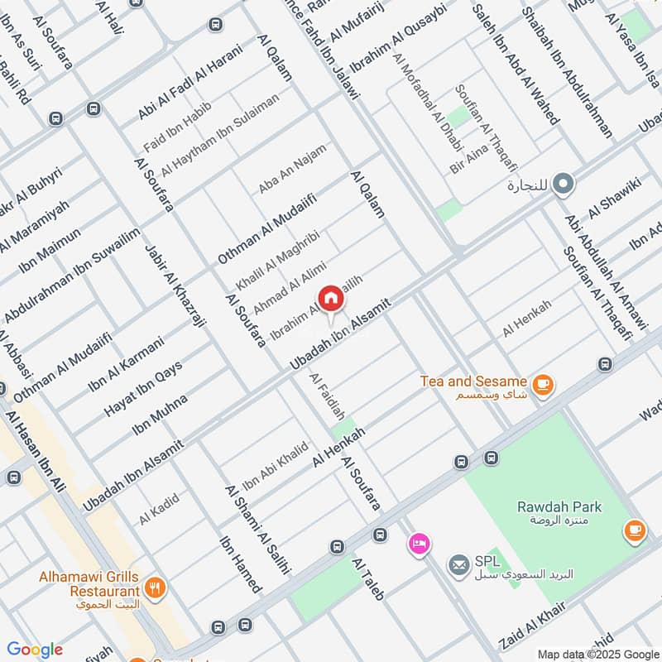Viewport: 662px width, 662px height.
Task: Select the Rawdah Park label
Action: pos(559,506)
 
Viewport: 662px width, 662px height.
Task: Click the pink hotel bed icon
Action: pos(419,544)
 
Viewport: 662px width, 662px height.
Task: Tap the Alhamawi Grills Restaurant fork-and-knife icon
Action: pos(154,588)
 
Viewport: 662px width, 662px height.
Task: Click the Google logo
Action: pos(35,650)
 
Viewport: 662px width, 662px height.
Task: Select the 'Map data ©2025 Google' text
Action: pos(598,653)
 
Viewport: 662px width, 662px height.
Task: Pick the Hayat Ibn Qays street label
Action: pos(143,389)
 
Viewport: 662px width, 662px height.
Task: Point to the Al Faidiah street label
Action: pos(327,401)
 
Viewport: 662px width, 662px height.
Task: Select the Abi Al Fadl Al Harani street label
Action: pos(190,81)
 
